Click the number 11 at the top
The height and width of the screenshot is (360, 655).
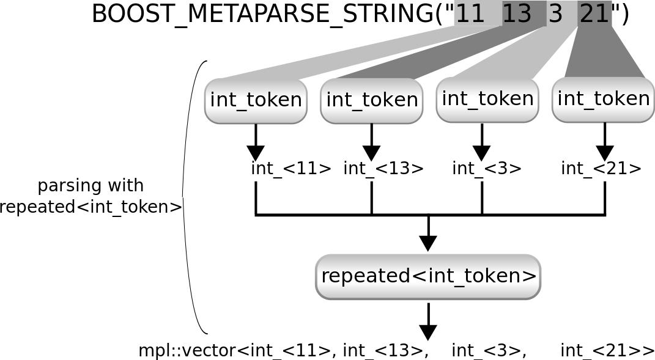pos(470,13)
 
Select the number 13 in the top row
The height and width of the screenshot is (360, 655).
pos(517,13)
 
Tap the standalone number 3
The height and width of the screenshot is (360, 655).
pos(555,13)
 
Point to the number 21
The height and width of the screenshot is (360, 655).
pos(594,13)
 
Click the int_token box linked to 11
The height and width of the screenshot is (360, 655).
pos(256,100)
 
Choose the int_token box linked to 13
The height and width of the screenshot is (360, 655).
pos(372,100)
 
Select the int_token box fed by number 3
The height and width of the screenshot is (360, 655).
pos(487,99)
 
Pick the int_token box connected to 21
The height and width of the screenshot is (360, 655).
pos(603,99)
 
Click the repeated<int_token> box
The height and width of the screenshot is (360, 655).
pos(428,276)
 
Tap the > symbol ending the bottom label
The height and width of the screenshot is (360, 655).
pos(530,276)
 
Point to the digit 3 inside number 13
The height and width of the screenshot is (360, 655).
pos(524,13)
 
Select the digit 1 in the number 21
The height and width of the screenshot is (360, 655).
pos(602,13)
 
